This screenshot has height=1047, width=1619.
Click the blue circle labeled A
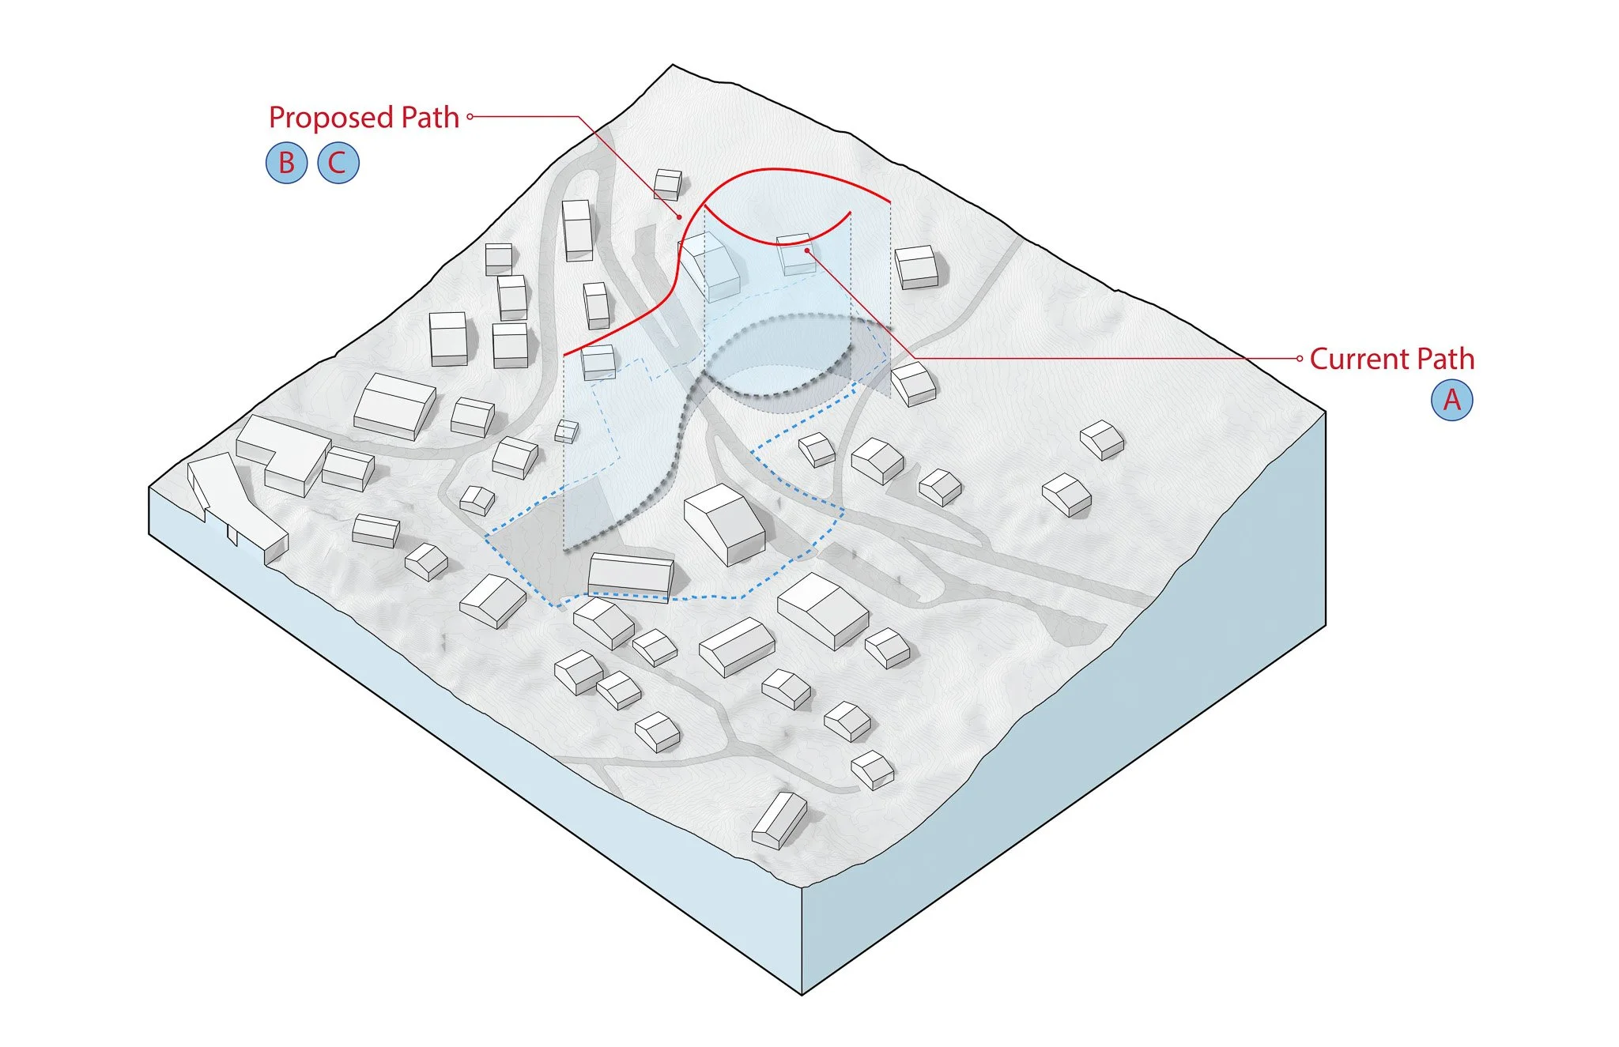click(x=1451, y=400)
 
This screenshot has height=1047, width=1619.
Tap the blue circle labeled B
click(x=286, y=163)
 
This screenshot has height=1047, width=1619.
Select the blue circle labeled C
click(x=338, y=163)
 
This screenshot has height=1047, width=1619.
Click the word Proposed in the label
click(x=330, y=118)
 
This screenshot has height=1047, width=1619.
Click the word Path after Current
click(x=1445, y=359)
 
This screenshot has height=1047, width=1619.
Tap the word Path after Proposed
click(x=430, y=118)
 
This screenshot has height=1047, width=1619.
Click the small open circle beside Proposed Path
click(x=470, y=117)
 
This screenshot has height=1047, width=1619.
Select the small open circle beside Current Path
click(x=1300, y=358)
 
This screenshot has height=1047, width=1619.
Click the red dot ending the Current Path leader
click(x=806, y=250)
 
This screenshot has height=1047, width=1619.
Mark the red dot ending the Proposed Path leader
click(x=678, y=217)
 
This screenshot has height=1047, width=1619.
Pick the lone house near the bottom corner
click(x=779, y=822)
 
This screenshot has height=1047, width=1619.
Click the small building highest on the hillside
click(x=668, y=184)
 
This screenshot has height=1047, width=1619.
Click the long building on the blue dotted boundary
click(x=630, y=574)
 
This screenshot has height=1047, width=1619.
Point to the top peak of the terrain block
click(x=673, y=66)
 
